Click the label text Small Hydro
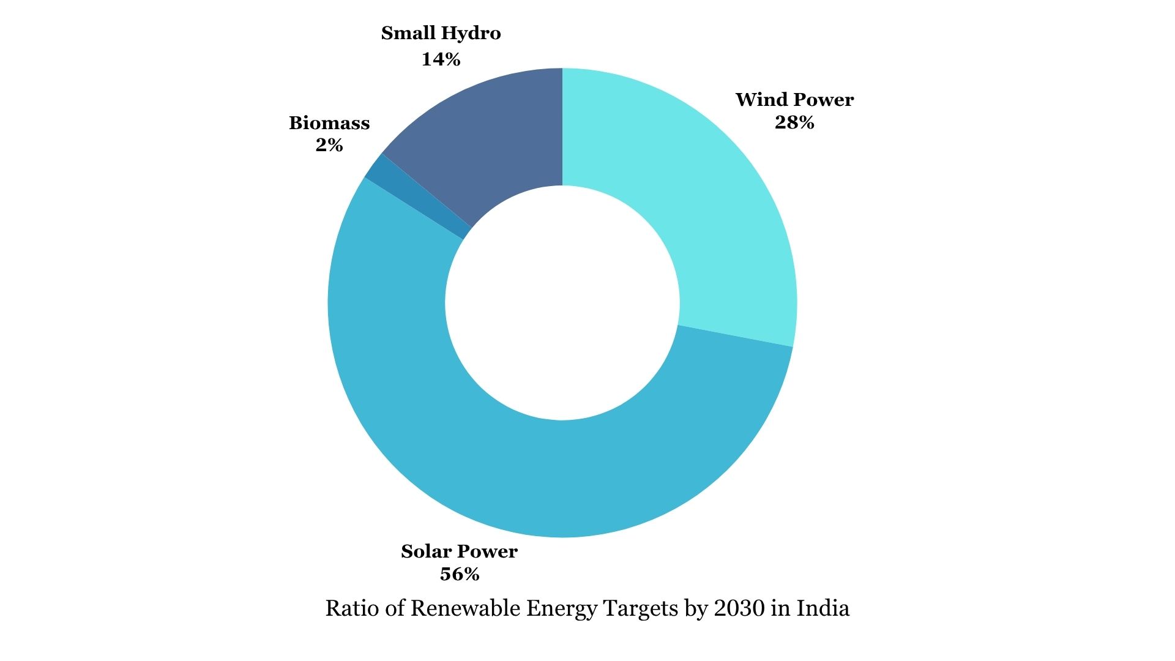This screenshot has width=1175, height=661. (441, 33)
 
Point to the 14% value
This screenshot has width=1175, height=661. (441, 59)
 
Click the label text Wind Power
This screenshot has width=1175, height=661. (794, 100)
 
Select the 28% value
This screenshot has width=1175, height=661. (794, 123)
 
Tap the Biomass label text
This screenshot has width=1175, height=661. (329, 123)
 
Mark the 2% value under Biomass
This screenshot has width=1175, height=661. (329, 145)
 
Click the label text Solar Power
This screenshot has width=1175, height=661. (459, 551)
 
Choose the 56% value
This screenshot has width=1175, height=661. (459, 574)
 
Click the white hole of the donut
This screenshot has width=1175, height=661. (562, 303)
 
